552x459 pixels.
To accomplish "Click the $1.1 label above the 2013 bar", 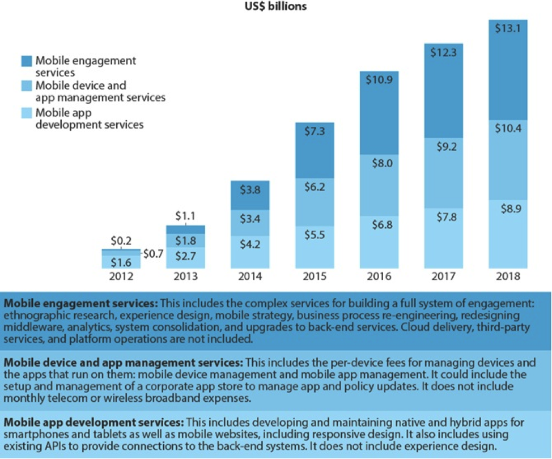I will click(x=185, y=215).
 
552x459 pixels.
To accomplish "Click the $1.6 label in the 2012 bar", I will click(x=121, y=262).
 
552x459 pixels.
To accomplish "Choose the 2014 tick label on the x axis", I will click(x=250, y=277).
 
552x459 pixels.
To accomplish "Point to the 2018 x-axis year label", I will click(x=507, y=277).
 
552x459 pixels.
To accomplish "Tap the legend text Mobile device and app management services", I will click(x=100, y=92).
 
